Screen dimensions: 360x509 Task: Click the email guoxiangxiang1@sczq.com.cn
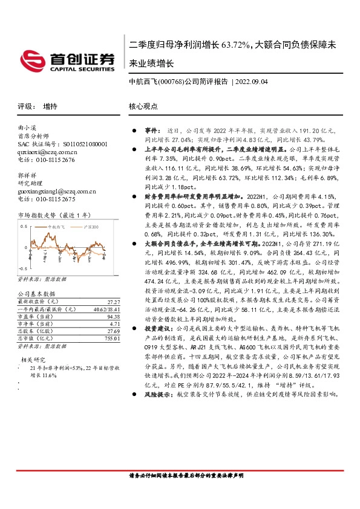coord(56,191)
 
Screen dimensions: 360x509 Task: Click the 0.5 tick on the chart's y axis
coord(24,226)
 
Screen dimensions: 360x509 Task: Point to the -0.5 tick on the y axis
coord(23,267)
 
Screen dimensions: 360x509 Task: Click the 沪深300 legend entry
coord(90,226)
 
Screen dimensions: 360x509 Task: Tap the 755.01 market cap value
coord(111,339)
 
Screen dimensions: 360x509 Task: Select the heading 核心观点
coord(143,106)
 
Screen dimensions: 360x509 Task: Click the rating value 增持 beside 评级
coord(50,106)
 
